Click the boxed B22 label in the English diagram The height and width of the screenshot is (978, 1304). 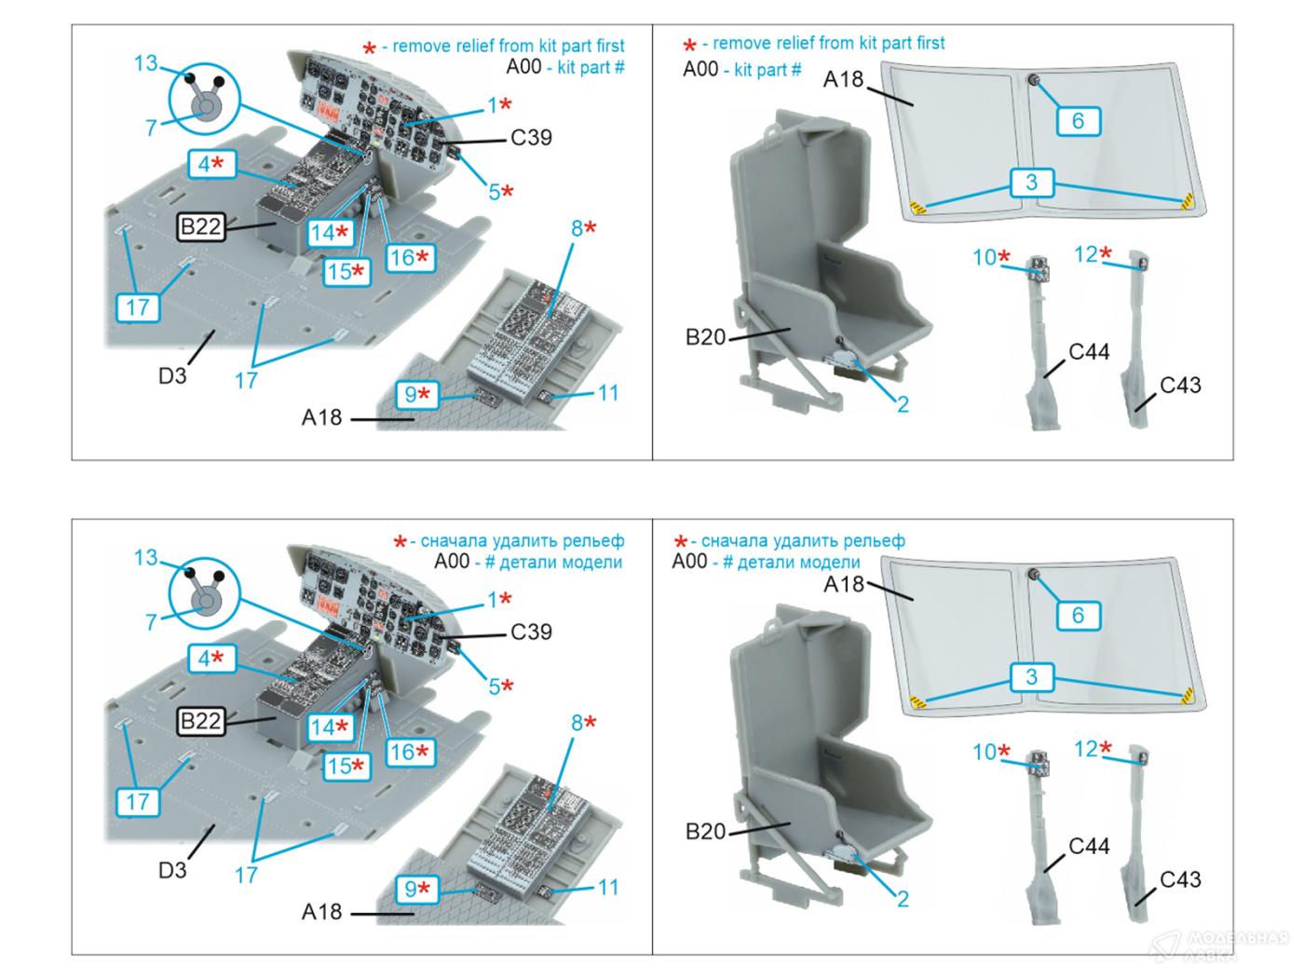point(201,226)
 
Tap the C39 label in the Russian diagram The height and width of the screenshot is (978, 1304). point(531,632)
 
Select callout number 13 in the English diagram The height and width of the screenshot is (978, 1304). point(145,63)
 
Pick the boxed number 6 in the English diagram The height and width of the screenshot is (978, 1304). point(1078,120)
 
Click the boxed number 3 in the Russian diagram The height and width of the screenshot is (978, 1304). point(1031,676)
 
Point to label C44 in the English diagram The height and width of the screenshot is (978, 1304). point(1089,352)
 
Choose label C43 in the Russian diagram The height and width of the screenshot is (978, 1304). point(1180,879)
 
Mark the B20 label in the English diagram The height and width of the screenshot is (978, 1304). point(705,337)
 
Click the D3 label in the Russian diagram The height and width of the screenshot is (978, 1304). point(172,870)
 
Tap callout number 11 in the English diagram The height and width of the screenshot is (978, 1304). point(607,393)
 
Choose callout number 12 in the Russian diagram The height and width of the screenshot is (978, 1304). point(1086,749)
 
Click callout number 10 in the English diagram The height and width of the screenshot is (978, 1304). point(985,257)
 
